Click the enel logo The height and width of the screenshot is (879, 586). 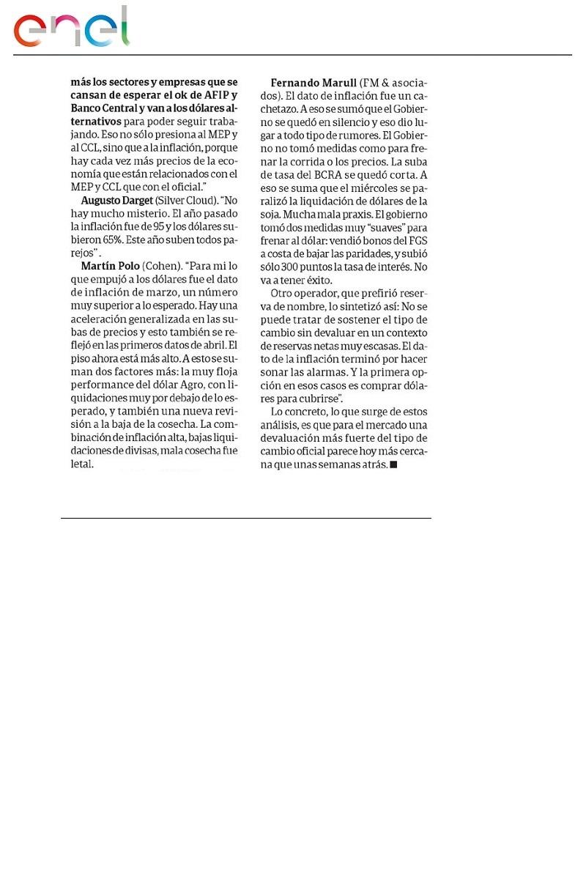pos(72,28)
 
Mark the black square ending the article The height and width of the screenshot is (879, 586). pos(393,464)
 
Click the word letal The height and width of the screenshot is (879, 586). pos(82,464)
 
